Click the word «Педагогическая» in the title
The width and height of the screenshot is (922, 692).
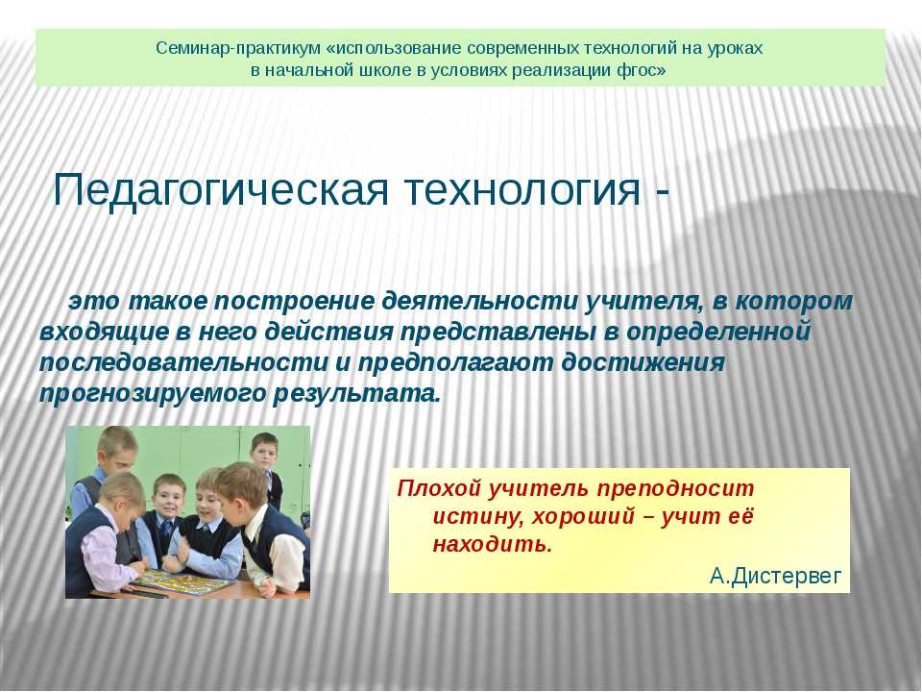click(221, 189)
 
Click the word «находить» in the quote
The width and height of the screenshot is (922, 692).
click(493, 545)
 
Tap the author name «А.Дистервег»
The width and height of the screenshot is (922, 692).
click(776, 576)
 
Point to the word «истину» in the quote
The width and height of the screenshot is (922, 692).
click(477, 517)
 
